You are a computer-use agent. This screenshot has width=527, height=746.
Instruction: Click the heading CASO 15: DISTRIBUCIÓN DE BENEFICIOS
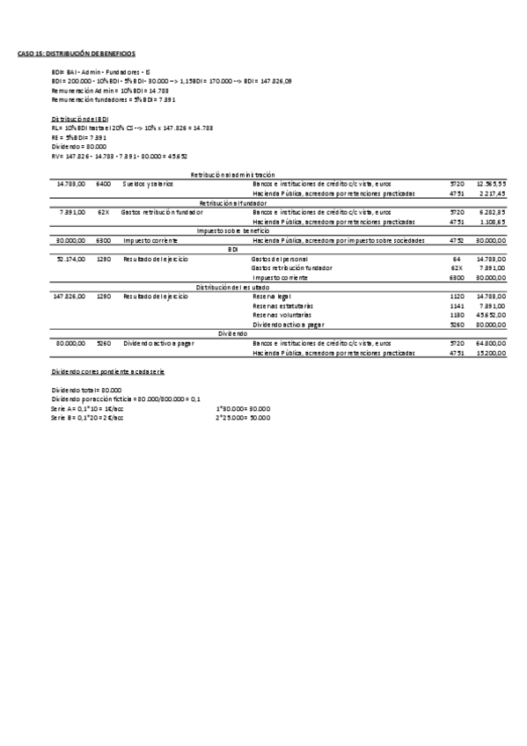[77, 54]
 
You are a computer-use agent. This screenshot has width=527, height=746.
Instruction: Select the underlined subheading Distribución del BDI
[80, 118]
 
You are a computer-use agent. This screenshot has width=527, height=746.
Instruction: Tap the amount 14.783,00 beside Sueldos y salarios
[70, 184]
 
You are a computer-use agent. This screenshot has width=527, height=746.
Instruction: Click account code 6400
[104, 184]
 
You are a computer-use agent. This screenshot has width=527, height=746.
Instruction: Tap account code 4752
[457, 240]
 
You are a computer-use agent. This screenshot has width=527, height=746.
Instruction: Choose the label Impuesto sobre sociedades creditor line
[339, 240]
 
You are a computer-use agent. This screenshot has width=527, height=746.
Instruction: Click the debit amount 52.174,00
[70, 260]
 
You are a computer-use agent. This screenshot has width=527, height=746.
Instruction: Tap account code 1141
[457, 306]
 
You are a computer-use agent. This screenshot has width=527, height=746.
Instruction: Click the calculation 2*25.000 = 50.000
[243, 417]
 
